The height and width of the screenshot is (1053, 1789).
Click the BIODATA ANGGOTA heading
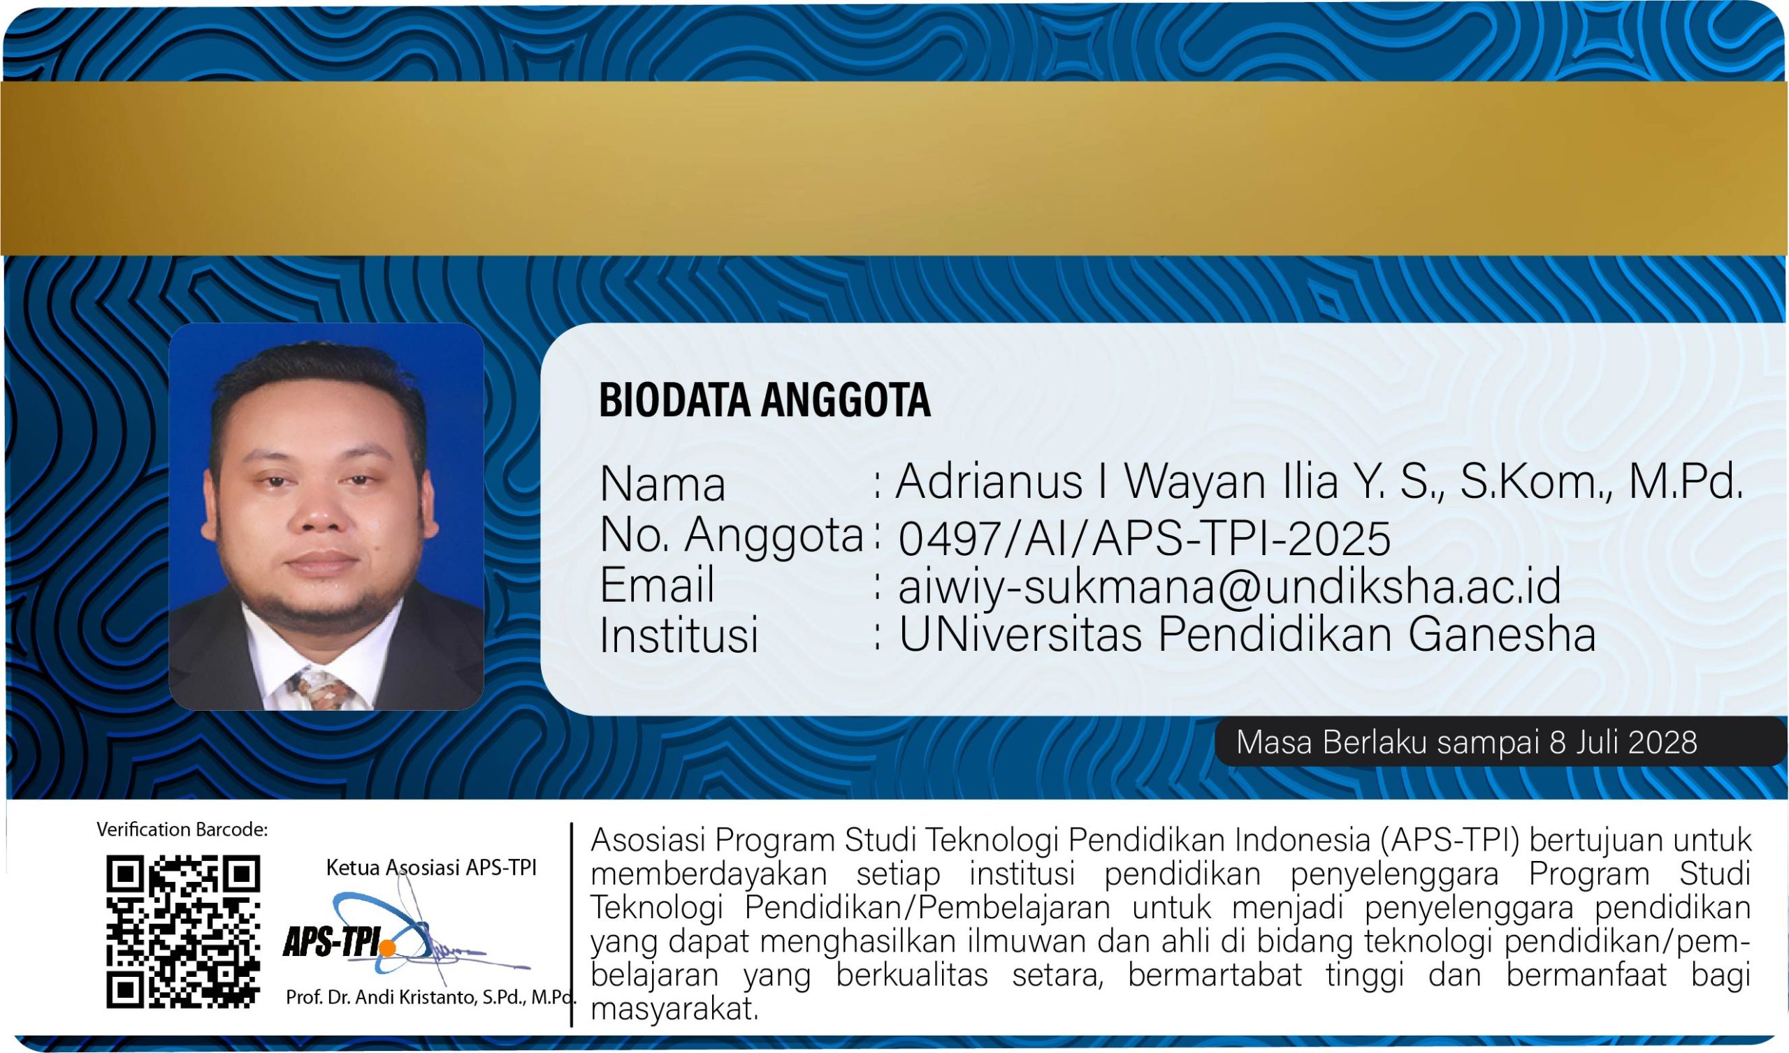pyautogui.click(x=765, y=399)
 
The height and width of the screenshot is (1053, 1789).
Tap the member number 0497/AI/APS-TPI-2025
pyautogui.click(x=1145, y=538)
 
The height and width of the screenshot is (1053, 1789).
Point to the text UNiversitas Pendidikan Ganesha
pyautogui.click(x=1247, y=633)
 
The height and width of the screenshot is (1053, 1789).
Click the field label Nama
pyautogui.click(x=662, y=485)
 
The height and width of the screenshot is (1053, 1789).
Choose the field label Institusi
pyautogui.click(x=679, y=634)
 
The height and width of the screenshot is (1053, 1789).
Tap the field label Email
pyautogui.click(x=657, y=585)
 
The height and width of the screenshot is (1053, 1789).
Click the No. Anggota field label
pyautogui.click(x=731, y=535)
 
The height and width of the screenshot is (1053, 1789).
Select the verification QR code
pyautogui.click(x=183, y=931)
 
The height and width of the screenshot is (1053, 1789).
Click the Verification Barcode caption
pyautogui.click(x=182, y=830)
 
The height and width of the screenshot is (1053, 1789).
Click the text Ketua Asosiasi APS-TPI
pyautogui.click(x=431, y=867)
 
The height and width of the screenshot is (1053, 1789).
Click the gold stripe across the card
pyautogui.click(x=894, y=168)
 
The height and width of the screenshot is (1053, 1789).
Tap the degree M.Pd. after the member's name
pyautogui.click(x=1686, y=482)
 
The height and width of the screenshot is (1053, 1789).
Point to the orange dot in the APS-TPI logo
pyautogui.click(x=388, y=948)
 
